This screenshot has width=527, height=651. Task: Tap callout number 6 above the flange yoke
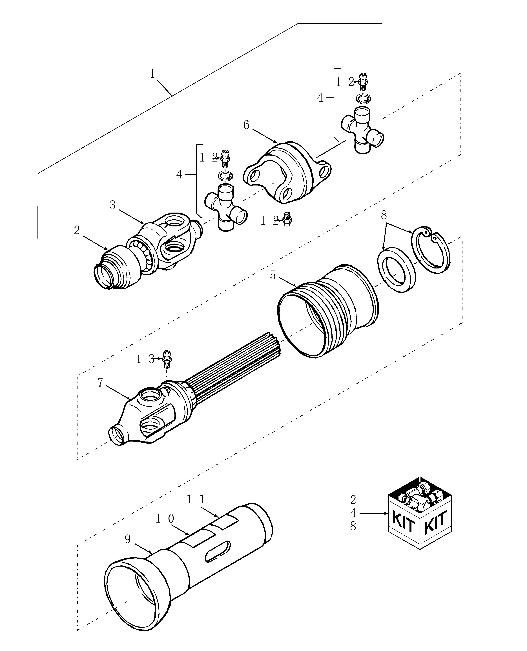[x=246, y=125]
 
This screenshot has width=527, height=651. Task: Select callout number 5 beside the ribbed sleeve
[x=273, y=275]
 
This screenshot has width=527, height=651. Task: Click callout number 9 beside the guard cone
[x=128, y=539]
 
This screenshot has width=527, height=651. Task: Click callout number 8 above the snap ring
[x=384, y=215]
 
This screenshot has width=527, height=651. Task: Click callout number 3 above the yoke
[x=113, y=206]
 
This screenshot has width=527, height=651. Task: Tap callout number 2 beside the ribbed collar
[x=77, y=230]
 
